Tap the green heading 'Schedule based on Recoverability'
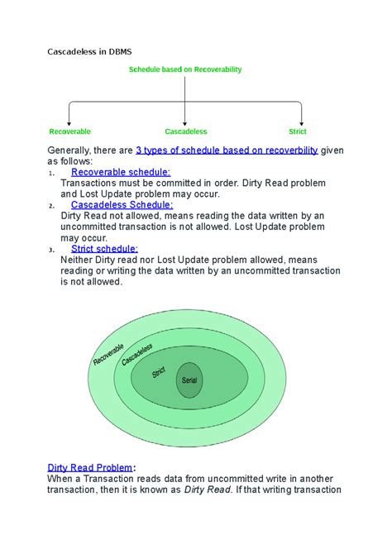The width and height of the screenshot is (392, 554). pos(184,70)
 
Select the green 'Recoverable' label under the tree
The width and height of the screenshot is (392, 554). pos(70,131)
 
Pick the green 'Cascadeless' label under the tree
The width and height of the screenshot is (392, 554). pos(185,131)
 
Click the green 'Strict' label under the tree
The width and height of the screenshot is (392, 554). pos(297,131)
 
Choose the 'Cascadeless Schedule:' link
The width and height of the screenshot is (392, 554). pos(122,204)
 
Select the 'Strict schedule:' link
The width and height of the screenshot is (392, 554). pos(105,248)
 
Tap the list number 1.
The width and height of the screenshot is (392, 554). pos(52,174)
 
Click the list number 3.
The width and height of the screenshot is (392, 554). pos(52,250)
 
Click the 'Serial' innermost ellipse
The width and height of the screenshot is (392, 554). pos(189,381)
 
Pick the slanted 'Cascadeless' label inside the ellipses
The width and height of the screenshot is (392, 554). pos(136,355)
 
